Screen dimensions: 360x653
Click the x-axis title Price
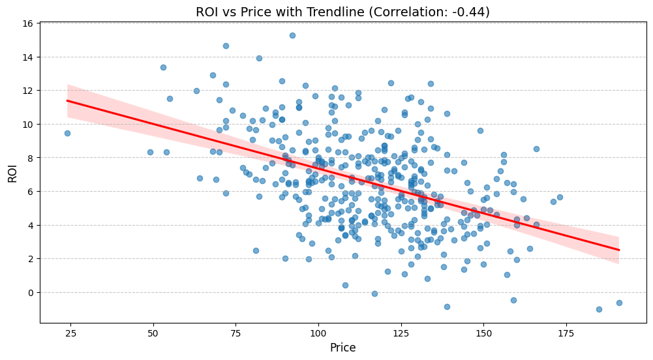[x=342, y=348]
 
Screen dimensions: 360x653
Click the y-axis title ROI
[x=13, y=173]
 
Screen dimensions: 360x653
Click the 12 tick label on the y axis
[x=28, y=91]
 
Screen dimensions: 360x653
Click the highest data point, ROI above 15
[x=292, y=35]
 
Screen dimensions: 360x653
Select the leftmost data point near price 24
[x=67, y=133]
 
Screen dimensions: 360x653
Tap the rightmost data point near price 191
[x=619, y=303]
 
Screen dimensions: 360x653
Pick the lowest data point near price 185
[x=599, y=309]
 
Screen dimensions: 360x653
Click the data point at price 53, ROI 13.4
[x=163, y=67]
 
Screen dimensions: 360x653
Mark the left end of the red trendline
[x=67, y=100]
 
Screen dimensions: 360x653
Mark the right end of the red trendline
[x=619, y=250]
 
